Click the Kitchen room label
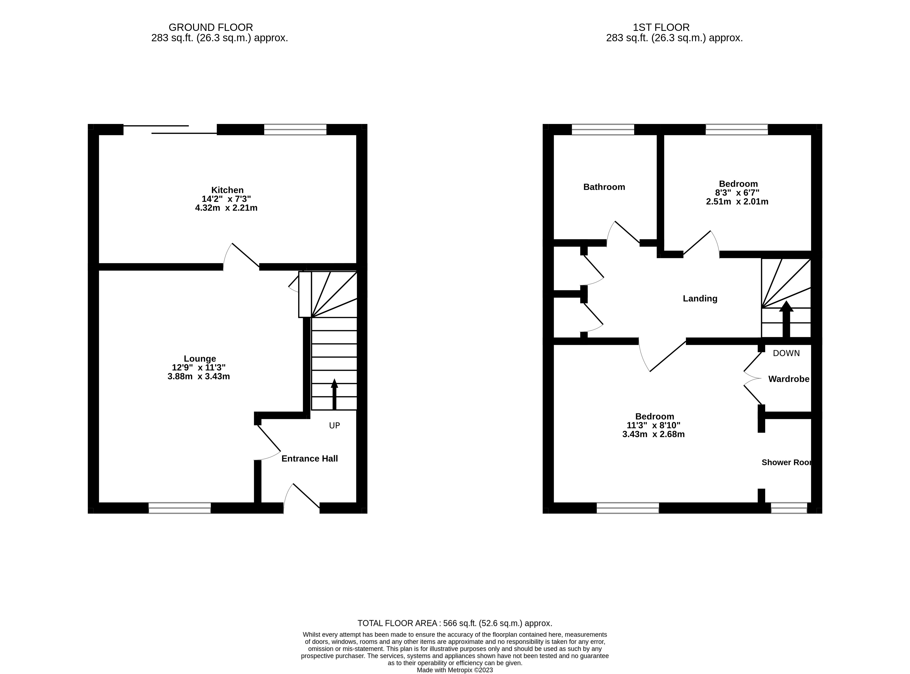point(227,190)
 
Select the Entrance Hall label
point(310,459)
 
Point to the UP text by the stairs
point(334,425)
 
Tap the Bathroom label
point(604,187)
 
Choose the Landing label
point(700,299)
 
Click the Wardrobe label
point(789,379)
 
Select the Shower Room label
point(786,462)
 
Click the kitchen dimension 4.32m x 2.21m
point(226,208)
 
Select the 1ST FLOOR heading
point(661,27)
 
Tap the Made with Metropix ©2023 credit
point(455,670)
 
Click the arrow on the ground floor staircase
point(334,394)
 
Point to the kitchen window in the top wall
point(295,130)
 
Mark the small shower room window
point(789,508)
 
